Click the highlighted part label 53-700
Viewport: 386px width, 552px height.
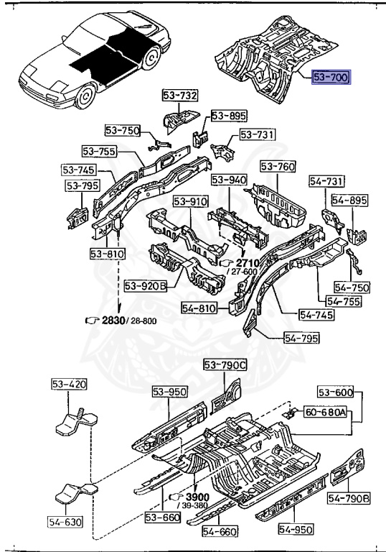(331, 77)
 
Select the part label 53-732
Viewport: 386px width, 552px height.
(180, 95)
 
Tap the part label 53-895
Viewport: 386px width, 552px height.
(229, 116)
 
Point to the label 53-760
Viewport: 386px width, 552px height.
(278, 166)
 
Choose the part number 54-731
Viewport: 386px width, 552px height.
(326, 181)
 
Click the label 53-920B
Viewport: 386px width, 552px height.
(146, 286)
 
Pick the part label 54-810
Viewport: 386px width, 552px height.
(199, 308)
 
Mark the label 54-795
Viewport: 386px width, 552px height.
(301, 338)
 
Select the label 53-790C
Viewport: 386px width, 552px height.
(225, 365)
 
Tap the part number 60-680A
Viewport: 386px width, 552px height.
(325, 412)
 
